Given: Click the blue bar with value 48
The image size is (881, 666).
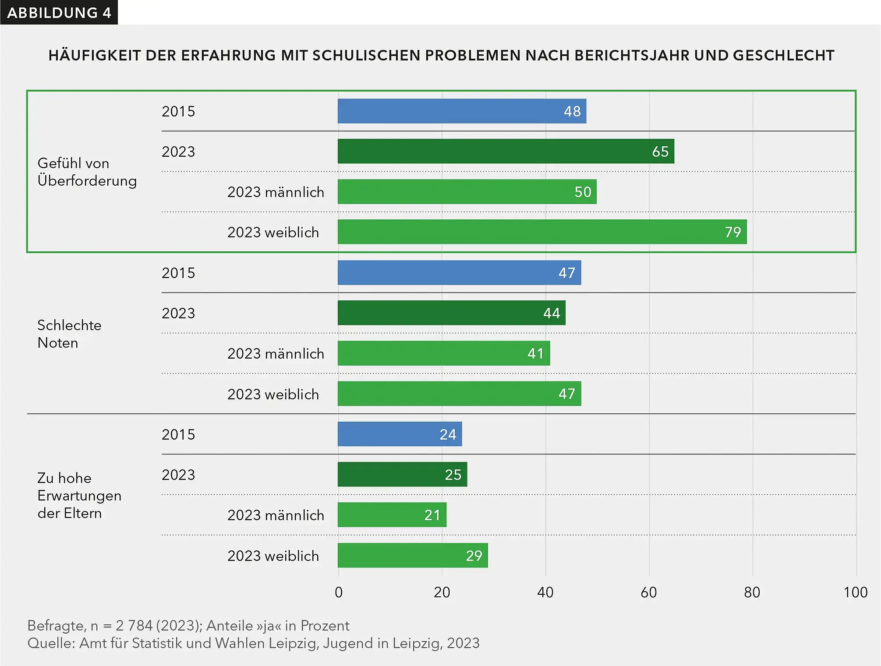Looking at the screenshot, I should [x=462, y=111].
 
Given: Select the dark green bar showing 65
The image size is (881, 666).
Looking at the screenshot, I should [x=506, y=152].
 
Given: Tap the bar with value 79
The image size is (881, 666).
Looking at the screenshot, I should [x=542, y=232].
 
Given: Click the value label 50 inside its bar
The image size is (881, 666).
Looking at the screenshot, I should [x=583, y=192].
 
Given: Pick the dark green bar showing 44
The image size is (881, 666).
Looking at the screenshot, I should [x=451, y=313].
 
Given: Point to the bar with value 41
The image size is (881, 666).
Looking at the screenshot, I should [x=443, y=353].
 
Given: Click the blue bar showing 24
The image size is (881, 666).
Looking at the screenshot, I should [x=400, y=434].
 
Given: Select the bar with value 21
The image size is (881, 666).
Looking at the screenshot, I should [x=392, y=515].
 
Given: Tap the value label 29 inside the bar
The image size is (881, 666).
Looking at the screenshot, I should [x=474, y=556].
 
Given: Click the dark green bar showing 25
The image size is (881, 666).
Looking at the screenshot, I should [x=402, y=475].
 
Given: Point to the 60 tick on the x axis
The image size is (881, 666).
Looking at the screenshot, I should [x=649, y=592].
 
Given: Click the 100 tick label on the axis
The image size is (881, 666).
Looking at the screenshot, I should [x=855, y=592].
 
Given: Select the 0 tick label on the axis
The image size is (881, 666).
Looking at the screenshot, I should [x=339, y=592].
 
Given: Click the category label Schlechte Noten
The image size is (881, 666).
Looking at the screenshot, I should [x=69, y=334].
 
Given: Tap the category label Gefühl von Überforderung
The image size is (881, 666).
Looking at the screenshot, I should [x=87, y=172].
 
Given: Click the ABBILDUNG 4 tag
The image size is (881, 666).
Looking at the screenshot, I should [x=59, y=13].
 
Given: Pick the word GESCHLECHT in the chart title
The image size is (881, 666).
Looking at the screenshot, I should [x=783, y=56].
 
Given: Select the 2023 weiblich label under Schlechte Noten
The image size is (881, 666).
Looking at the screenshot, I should [x=273, y=395].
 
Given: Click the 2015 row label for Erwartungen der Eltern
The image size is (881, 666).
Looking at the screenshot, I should [x=178, y=434].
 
